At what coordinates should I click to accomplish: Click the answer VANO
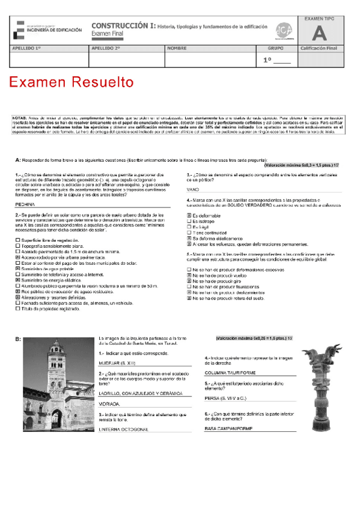(193, 189)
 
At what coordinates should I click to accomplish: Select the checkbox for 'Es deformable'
(189, 215)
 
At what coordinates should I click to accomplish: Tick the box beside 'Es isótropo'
(189, 221)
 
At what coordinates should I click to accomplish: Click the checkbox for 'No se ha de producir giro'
(189, 281)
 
